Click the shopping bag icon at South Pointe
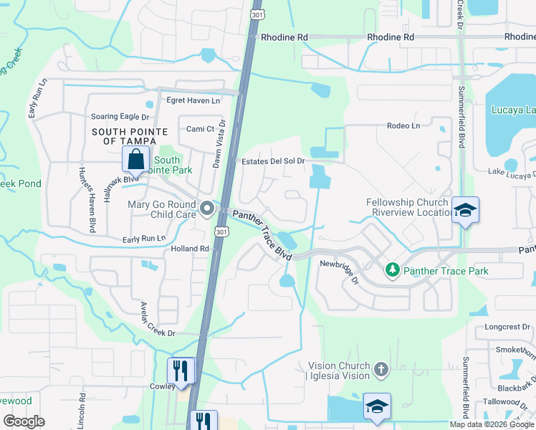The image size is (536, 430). click(x=135, y=159)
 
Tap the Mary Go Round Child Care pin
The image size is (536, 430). click(x=208, y=209)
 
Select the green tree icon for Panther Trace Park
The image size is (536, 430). click(x=392, y=270)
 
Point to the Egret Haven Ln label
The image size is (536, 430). click(x=193, y=100)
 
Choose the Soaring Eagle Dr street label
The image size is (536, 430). click(x=120, y=117)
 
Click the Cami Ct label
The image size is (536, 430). click(x=201, y=129)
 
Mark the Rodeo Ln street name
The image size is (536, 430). click(x=403, y=125)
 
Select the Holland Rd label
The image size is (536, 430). click(x=190, y=249)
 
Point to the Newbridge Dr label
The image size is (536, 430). click(x=340, y=270)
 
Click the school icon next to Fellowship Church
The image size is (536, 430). click(x=465, y=209)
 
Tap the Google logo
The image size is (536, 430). click(x=24, y=421)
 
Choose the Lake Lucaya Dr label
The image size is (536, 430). click(x=512, y=173)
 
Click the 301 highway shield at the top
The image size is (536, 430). click(x=256, y=14)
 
